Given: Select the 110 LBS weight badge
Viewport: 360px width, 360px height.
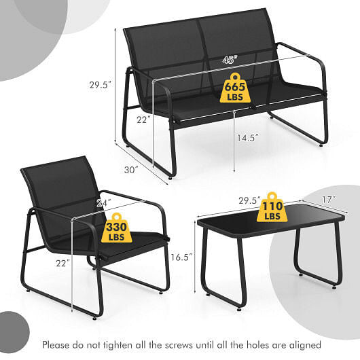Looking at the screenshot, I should pos(272,206).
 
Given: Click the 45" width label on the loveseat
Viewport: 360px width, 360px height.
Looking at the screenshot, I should pos(230,60).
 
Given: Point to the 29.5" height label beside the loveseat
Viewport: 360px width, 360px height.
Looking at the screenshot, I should pos(100,85).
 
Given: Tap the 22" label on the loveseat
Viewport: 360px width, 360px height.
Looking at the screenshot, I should pos(142,120).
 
